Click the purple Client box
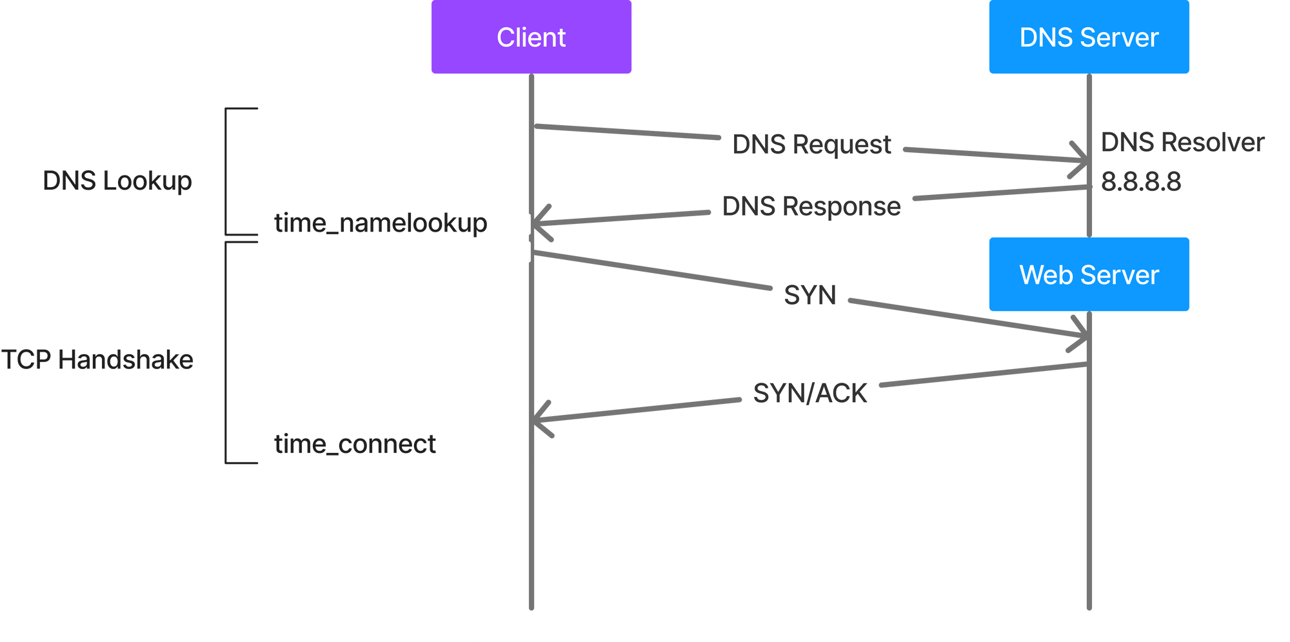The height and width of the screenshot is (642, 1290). tap(531, 37)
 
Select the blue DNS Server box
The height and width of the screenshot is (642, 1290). tap(1089, 37)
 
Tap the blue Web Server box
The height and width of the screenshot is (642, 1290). tap(1089, 274)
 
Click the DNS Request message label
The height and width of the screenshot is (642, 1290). tap(811, 145)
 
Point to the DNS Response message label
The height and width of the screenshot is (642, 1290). tap(811, 206)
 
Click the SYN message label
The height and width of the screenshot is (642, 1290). tap(809, 296)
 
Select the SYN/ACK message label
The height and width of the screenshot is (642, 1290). tap(809, 393)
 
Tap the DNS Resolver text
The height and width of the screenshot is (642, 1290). tap(1182, 143)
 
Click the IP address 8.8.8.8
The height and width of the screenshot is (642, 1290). tap(1140, 182)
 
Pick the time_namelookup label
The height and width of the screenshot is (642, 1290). tap(381, 223)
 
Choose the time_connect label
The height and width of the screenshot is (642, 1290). tap(355, 444)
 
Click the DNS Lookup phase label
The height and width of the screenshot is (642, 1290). tap(117, 181)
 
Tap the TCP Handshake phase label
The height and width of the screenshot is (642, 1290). tap(97, 359)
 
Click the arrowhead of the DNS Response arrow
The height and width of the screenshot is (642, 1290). tap(534, 224)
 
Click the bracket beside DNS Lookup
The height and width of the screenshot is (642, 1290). tap(226, 172)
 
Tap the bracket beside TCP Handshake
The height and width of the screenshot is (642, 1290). tap(226, 353)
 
